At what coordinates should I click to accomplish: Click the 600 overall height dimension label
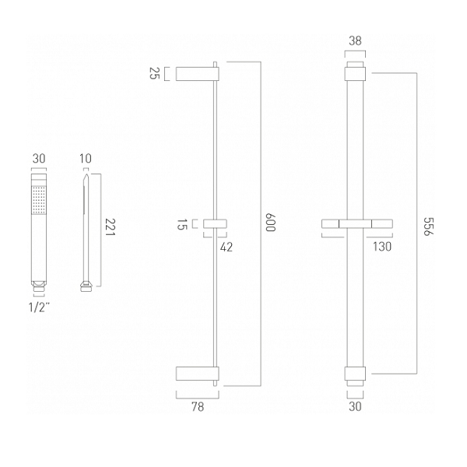click(x=271, y=222)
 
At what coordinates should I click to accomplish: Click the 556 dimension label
click(x=428, y=226)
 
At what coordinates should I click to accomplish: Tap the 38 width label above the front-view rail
click(x=355, y=40)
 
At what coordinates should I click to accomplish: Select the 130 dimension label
click(x=382, y=247)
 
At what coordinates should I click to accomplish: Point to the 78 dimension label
click(x=198, y=406)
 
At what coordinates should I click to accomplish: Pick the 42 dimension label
click(x=226, y=247)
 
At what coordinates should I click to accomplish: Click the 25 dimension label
click(x=155, y=73)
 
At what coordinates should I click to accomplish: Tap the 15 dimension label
click(x=181, y=224)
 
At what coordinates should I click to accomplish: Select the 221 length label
click(x=110, y=227)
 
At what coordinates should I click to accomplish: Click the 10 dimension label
click(x=85, y=159)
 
